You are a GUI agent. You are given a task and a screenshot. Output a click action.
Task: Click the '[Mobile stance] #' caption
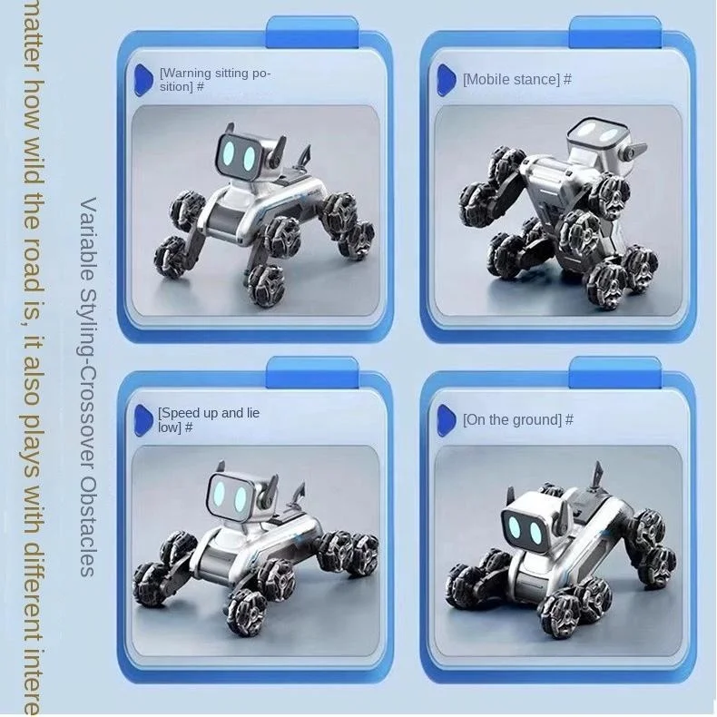[516, 80]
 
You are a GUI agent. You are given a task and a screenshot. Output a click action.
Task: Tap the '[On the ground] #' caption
[517, 420]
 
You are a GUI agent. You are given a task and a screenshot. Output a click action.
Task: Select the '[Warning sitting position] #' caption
[214, 80]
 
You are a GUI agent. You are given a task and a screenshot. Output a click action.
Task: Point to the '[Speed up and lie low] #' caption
[209, 419]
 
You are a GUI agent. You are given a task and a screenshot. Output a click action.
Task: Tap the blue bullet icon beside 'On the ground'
[446, 419]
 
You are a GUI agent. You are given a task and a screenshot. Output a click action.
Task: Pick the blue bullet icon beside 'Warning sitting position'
[143, 79]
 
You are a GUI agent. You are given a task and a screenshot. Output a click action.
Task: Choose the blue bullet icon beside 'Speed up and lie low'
[143, 419]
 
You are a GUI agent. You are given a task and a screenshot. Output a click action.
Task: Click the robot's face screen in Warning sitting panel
[237, 154]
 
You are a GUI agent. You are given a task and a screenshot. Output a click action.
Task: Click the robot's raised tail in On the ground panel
[596, 475]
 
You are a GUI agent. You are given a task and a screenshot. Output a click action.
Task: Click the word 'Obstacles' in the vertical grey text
[88, 535]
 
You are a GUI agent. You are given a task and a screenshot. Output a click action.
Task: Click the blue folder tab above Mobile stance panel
[614, 32]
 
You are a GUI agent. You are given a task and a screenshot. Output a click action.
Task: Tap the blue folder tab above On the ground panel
[614, 372]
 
